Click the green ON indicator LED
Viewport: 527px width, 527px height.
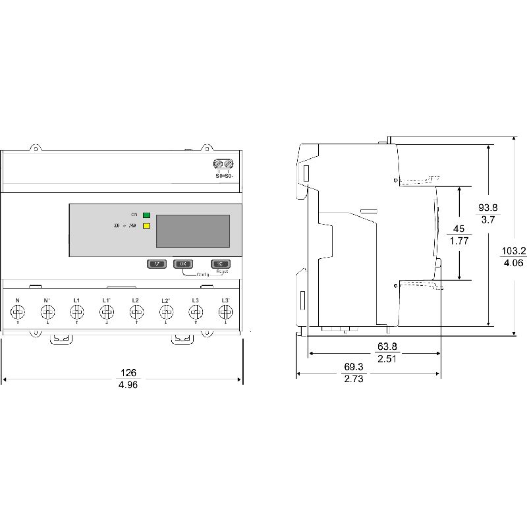pos(146,215)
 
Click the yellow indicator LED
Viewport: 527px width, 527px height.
pos(146,226)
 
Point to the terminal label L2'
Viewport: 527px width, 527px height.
pos(166,300)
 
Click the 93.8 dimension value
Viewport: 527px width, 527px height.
pos(488,208)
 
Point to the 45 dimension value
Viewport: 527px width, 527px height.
pos(458,229)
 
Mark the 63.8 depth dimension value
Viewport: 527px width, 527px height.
pos(387,347)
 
